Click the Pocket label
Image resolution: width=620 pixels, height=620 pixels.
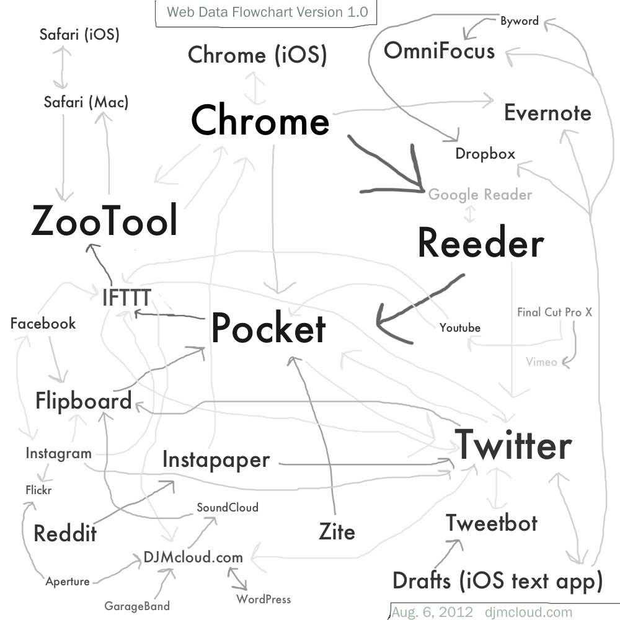click(x=268, y=327)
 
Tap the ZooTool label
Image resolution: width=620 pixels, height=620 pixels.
click(x=104, y=220)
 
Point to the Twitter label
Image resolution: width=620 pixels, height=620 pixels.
click(x=513, y=445)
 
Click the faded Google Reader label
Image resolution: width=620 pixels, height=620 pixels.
click(x=480, y=195)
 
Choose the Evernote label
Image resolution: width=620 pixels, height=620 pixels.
click(x=547, y=113)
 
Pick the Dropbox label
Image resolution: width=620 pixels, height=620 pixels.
click(x=485, y=154)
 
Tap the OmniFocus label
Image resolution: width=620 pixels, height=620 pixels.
click(x=440, y=51)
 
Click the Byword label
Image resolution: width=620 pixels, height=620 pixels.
click(x=520, y=21)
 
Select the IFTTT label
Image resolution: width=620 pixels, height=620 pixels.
click(x=126, y=298)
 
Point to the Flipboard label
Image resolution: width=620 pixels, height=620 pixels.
click(x=84, y=401)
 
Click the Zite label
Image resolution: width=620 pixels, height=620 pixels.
click(x=337, y=531)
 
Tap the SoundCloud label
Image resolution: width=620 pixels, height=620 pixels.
click(x=228, y=507)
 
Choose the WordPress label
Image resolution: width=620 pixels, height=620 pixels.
click(x=263, y=599)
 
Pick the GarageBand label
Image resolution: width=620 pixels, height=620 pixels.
click(x=137, y=606)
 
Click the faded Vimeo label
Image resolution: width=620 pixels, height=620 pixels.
click(x=541, y=362)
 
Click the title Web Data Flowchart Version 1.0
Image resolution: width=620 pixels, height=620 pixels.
click(x=267, y=12)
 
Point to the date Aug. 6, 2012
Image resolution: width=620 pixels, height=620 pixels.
click(x=432, y=612)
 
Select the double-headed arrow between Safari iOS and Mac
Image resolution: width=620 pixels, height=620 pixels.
click(x=61, y=67)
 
